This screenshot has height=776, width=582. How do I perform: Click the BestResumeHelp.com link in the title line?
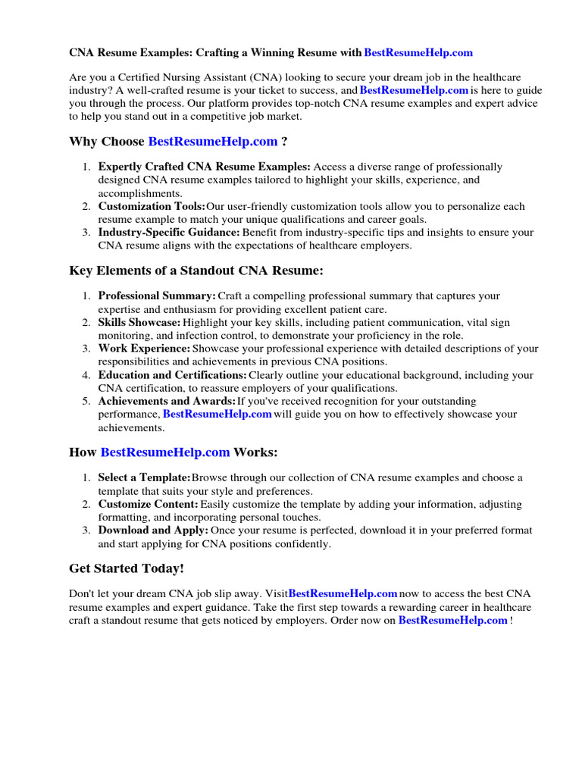(x=418, y=53)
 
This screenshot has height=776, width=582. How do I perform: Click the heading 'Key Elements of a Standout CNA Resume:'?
(x=196, y=271)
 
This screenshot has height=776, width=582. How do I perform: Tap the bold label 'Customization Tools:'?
(x=152, y=207)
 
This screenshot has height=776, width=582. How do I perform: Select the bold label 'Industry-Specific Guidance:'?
(x=169, y=233)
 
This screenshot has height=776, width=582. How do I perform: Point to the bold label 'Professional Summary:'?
(x=157, y=296)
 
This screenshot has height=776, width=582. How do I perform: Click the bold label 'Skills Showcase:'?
(x=139, y=323)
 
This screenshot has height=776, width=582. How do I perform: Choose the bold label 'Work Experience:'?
(x=144, y=349)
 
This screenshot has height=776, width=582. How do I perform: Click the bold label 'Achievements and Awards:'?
(x=167, y=402)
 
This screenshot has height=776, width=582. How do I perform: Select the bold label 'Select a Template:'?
(x=144, y=478)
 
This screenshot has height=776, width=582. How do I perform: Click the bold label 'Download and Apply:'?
(x=153, y=531)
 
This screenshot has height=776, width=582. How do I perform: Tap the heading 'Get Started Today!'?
(x=127, y=568)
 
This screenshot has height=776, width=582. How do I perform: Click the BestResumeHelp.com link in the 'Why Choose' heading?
(x=213, y=142)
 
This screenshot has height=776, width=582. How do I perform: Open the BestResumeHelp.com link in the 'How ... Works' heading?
(x=165, y=452)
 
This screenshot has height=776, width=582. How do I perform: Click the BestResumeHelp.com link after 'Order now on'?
(x=452, y=621)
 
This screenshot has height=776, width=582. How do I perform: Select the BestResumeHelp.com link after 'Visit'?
(x=343, y=594)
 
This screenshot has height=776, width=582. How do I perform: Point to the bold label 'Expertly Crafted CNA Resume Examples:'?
(x=204, y=167)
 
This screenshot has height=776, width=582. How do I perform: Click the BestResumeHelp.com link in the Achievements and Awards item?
(x=217, y=415)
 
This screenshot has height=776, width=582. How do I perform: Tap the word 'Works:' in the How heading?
(x=255, y=452)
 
